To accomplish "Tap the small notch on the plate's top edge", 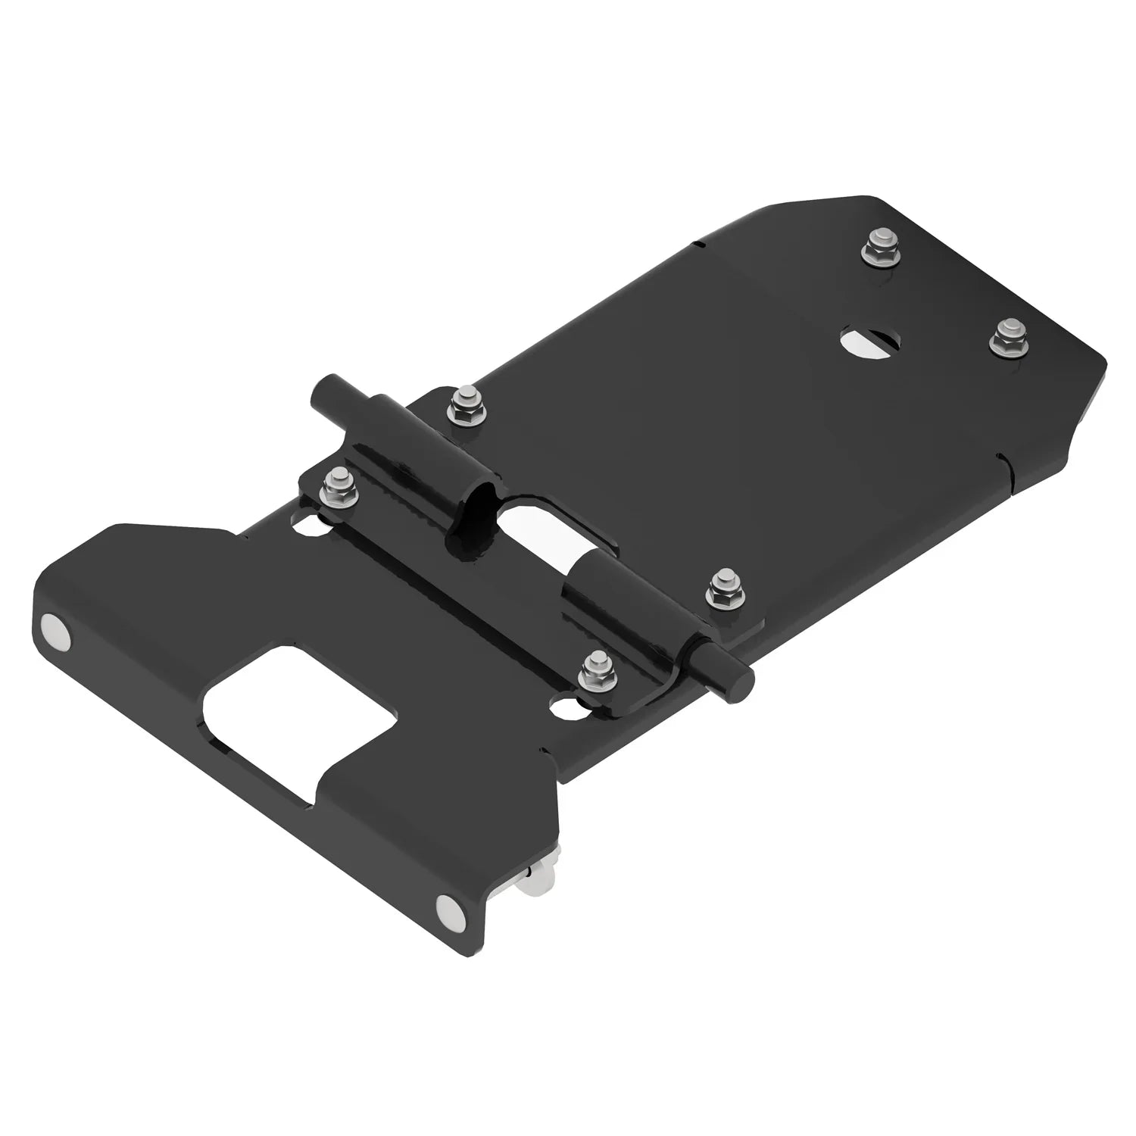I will (701, 244).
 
